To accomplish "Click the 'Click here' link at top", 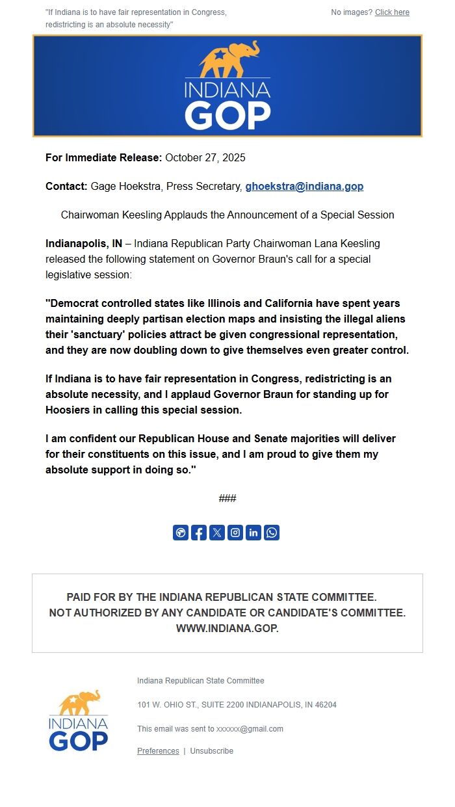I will [x=392, y=12].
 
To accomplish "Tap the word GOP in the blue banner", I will [x=227, y=115].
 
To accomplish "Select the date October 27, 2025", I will [x=205, y=157].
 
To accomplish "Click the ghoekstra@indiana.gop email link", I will [x=304, y=186].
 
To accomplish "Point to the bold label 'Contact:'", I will [x=66, y=186].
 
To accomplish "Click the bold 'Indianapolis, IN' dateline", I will [x=84, y=243].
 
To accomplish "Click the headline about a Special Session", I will [x=227, y=215].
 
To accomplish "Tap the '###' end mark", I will [x=227, y=498].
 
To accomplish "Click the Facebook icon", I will [x=199, y=533].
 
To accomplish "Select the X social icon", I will [x=217, y=533].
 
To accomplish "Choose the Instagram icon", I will [x=235, y=533].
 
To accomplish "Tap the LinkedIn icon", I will [x=253, y=533].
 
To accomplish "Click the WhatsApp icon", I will [x=272, y=533].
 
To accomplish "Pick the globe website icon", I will [x=181, y=533].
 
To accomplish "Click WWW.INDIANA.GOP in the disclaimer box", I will [x=227, y=628].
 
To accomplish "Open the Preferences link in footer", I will [x=158, y=750].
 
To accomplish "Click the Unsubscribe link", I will [x=211, y=750].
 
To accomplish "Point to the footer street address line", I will [x=237, y=705].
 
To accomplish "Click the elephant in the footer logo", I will [x=79, y=702].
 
